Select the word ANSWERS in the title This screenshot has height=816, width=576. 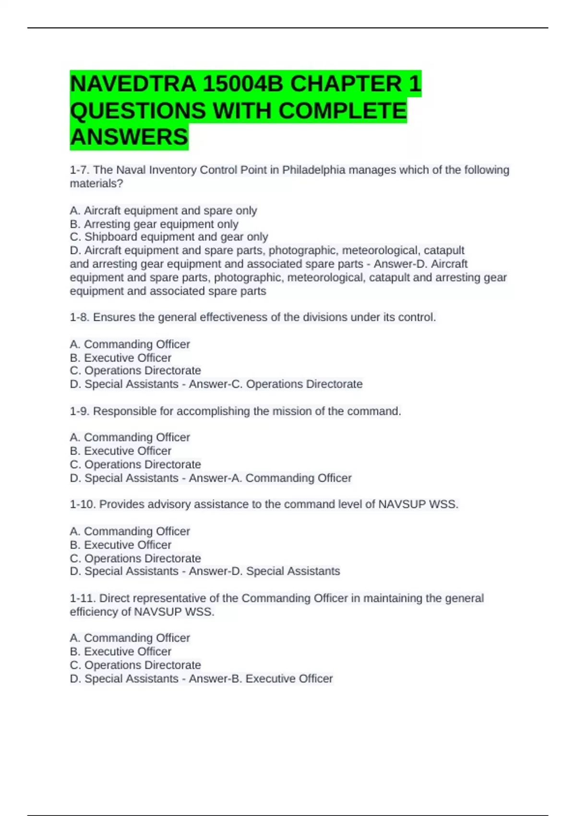coord(129,137)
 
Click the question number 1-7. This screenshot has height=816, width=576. coord(79,170)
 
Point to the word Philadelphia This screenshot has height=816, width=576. coord(313,170)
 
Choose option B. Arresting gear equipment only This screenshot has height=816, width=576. coord(154,224)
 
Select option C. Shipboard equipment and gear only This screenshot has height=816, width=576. coord(168,237)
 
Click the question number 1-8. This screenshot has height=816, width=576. coord(79,317)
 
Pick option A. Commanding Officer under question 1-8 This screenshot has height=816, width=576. coord(130,344)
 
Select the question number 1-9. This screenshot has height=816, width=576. coord(79,411)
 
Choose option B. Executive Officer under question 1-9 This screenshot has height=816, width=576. coord(120,451)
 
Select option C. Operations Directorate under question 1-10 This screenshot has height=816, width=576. coord(135,558)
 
